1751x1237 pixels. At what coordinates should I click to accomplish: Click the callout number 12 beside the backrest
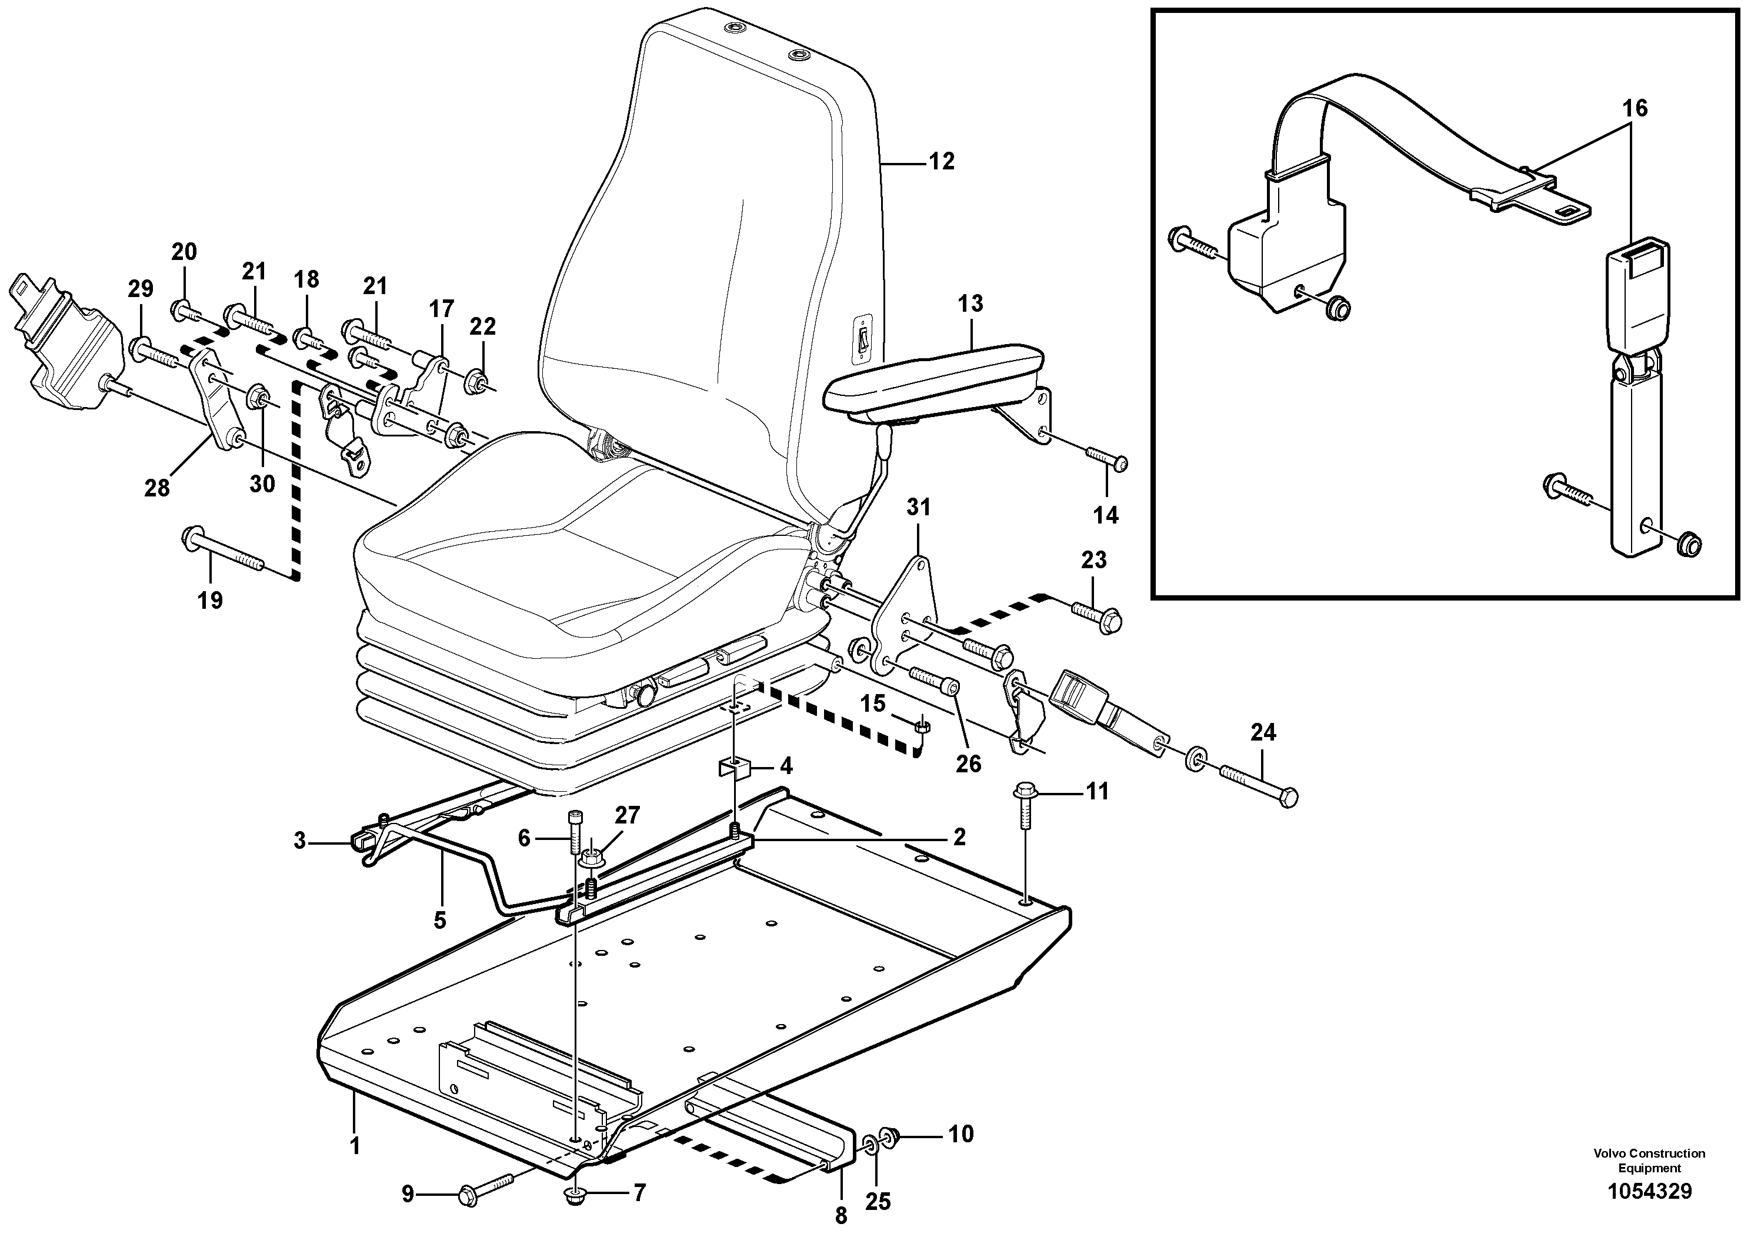click(x=942, y=162)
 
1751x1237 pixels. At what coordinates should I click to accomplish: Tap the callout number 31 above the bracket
click(x=918, y=507)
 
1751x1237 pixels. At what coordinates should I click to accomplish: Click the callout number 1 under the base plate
click(x=355, y=1146)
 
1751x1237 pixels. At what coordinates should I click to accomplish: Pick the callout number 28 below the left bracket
click(x=157, y=488)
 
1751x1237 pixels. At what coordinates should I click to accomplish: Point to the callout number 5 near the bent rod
click(x=440, y=921)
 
